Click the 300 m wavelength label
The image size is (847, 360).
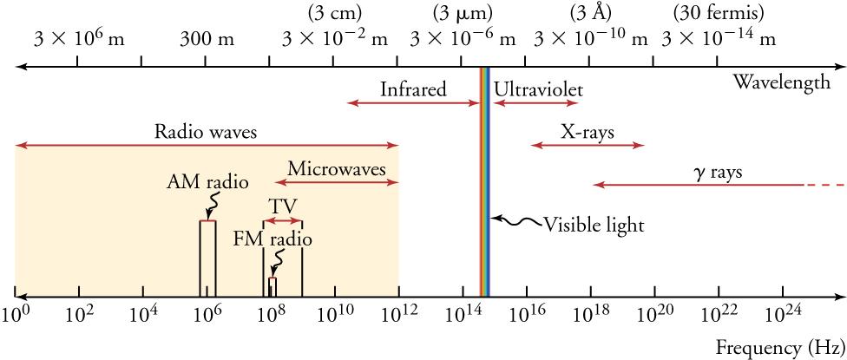click(x=207, y=39)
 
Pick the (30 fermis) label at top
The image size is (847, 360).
click(x=718, y=13)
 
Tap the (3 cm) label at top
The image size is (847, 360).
click(x=335, y=13)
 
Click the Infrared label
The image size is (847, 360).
click(x=413, y=89)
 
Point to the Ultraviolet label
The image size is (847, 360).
click(x=538, y=89)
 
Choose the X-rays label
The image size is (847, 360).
click(x=587, y=133)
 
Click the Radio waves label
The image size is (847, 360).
click(x=206, y=133)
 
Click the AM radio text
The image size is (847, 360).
click(x=207, y=183)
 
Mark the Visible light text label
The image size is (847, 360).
click(x=594, y=226)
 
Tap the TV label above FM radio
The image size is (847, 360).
click(x=282, y=206)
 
